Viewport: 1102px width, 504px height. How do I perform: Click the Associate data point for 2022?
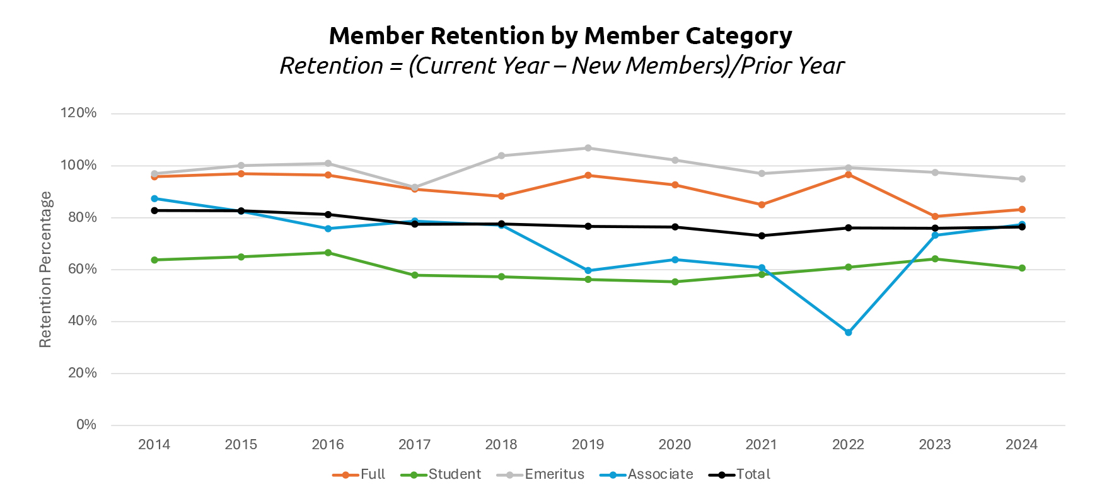(x=848, y=332)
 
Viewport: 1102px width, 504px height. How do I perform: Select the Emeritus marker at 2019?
(x=588, y=148)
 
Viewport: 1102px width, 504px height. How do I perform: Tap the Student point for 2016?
(x=328, y=253)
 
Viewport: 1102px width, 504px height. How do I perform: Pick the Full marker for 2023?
(x=935, y=217)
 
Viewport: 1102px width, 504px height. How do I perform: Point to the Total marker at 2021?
(x=762, y=236)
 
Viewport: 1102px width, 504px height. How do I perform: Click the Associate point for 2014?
(x=154, y=198)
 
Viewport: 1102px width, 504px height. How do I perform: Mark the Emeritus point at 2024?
(x=1022, y=179)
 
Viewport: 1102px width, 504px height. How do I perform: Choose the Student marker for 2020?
(x=675, y=282)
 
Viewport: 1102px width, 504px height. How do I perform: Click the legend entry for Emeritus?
(x=554, y=474)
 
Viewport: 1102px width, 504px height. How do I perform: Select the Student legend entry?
(x=454, y=474)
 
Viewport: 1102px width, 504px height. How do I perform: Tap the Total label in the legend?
(x=753, y=474)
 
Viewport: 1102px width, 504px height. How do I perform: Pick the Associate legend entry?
(x=659, y=474)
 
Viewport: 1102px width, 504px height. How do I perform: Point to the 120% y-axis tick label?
(x=78, y=113)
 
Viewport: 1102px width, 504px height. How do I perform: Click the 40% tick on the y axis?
(x=82, y=321)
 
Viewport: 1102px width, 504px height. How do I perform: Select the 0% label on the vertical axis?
(x=86, y=425)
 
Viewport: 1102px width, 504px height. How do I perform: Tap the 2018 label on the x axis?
(x=501, y=445)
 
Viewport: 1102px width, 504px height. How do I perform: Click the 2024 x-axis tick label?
(x=1021, y=445)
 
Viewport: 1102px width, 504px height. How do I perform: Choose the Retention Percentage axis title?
(x=45, y=270)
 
